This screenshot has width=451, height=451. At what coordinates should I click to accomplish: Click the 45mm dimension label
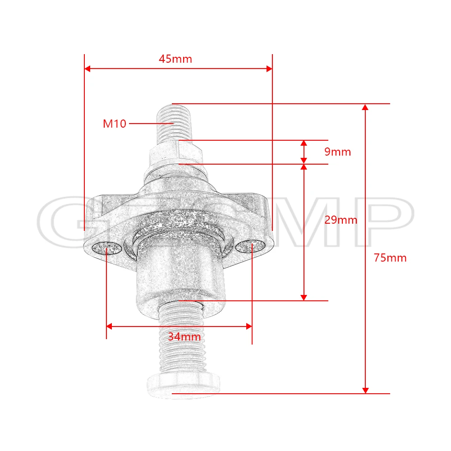175,59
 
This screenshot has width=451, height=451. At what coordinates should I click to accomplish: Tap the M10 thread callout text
115,124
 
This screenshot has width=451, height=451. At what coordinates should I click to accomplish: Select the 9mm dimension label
338,152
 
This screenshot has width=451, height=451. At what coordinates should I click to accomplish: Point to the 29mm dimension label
341,220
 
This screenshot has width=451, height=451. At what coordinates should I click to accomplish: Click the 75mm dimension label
390,258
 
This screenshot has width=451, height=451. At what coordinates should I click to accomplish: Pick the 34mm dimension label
184,336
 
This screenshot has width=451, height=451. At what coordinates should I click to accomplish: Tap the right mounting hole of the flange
250,246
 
